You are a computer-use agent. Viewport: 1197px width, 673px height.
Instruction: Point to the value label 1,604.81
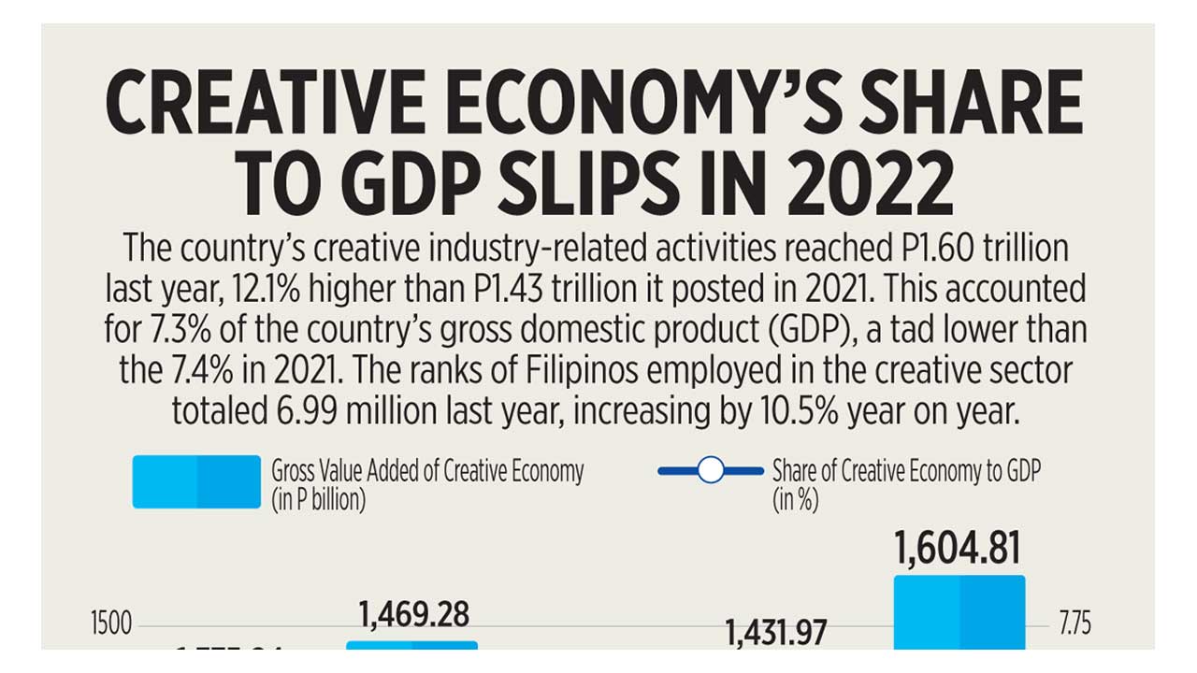958,550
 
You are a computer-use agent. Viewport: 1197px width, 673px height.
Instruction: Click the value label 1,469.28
413,614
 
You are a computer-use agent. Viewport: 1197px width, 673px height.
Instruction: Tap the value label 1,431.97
776,633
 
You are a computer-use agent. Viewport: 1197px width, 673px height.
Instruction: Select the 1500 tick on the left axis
111,624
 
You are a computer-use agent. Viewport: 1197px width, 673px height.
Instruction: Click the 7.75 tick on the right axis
1074,624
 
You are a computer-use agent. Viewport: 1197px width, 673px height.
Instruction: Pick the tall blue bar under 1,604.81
959,612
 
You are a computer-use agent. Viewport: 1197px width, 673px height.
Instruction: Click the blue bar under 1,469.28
411,645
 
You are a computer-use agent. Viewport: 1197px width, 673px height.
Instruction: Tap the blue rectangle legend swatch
196,482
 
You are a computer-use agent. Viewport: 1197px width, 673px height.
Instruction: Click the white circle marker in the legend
711,470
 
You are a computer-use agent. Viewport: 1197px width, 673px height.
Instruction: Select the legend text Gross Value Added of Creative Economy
427,471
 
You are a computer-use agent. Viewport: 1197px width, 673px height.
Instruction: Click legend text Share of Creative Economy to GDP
905,471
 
